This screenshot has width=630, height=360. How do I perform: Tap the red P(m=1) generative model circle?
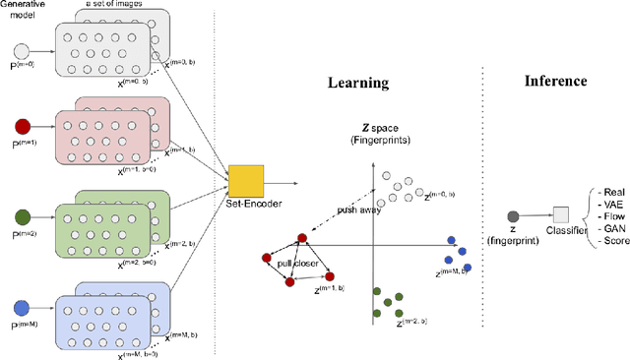click(21, 126)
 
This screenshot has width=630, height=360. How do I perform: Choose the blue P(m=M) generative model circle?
click(21, 305)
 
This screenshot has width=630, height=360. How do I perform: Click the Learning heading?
click(360, 85)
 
